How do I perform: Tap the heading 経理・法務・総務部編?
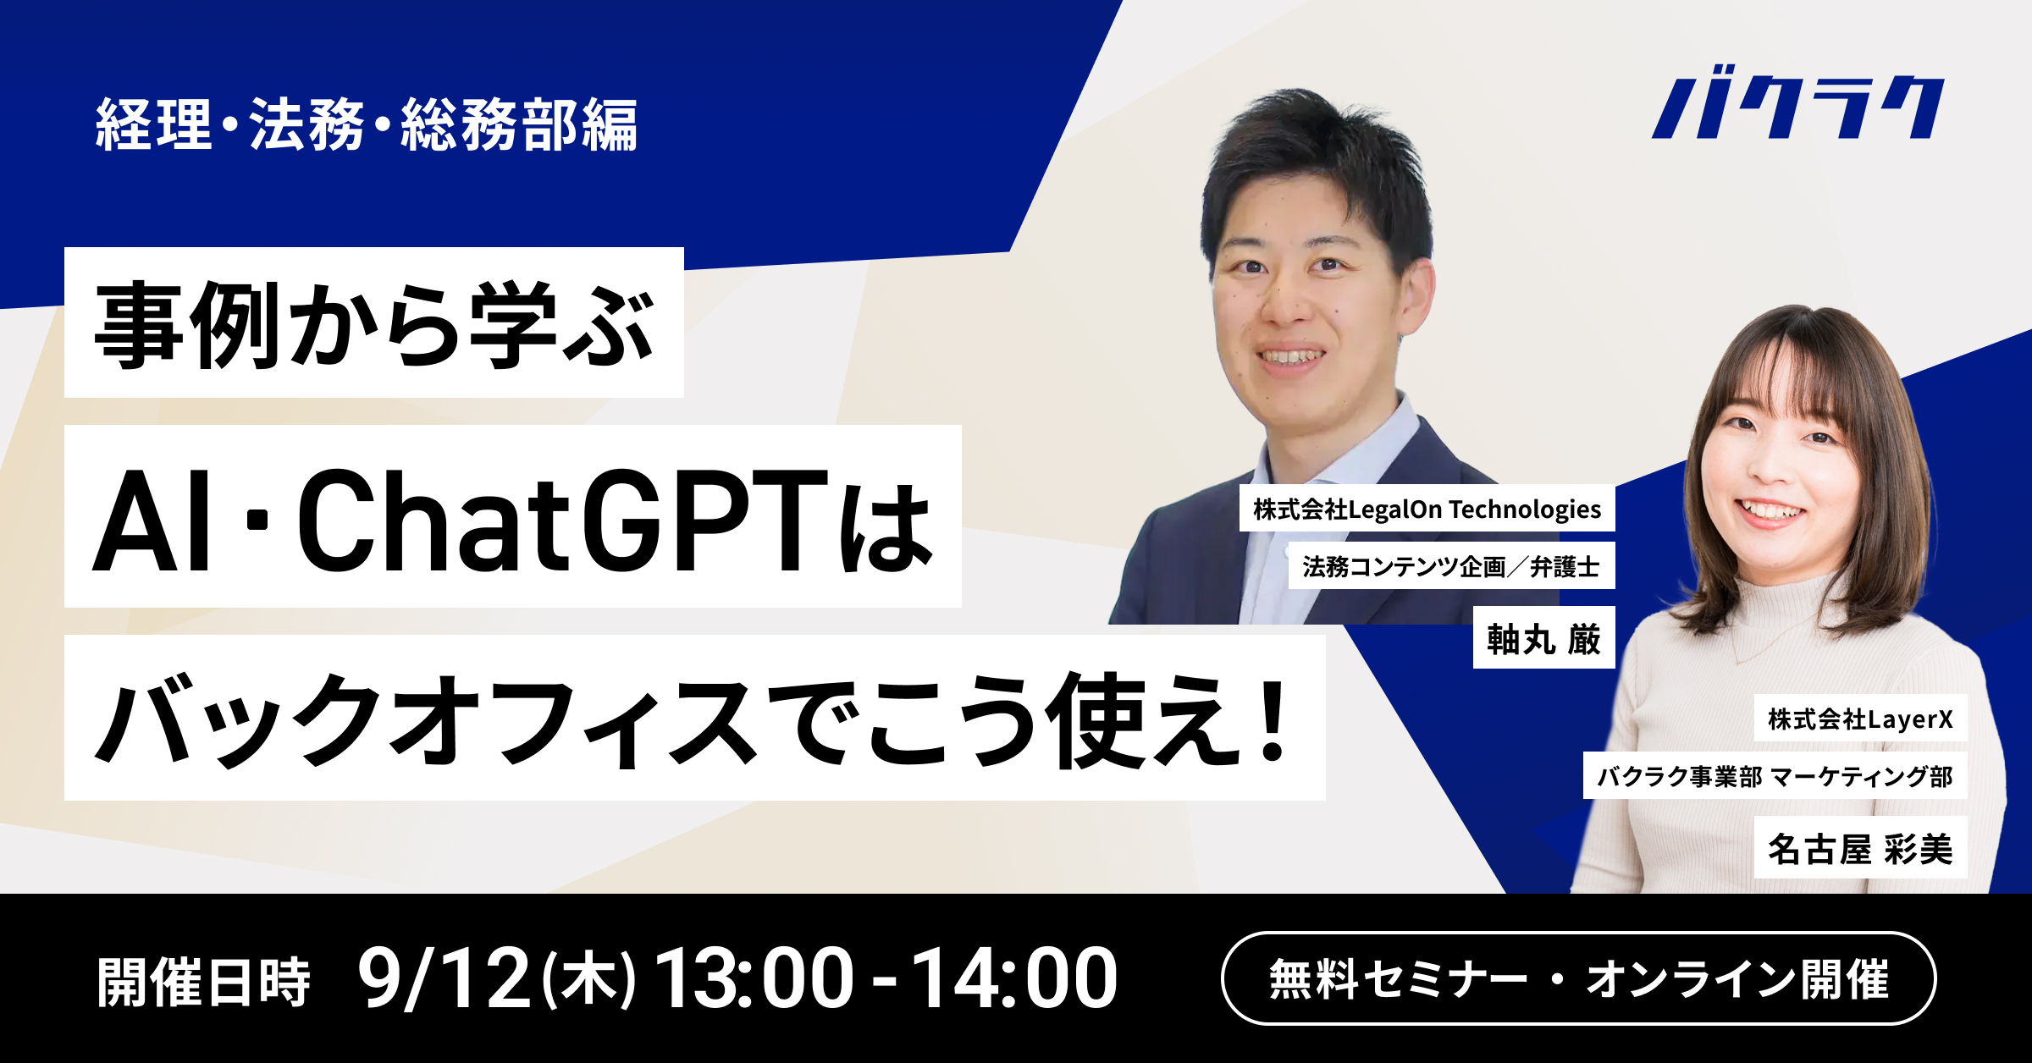(367, 125)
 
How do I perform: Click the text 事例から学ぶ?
(373, 325)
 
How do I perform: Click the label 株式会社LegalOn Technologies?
(1427, 509)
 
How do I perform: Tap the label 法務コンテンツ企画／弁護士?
(1450, 566)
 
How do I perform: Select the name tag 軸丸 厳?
(1543, 639)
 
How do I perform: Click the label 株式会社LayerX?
(1859, 719)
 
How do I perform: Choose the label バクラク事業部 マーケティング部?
(1775, 776)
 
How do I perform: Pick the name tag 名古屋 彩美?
(1859, 849)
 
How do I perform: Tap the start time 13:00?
(754, 978)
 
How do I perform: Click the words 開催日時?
(204, 982)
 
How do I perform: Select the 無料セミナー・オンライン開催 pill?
(1578, 979)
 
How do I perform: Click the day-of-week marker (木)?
(588, 980)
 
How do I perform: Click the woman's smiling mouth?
(1768, 510)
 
